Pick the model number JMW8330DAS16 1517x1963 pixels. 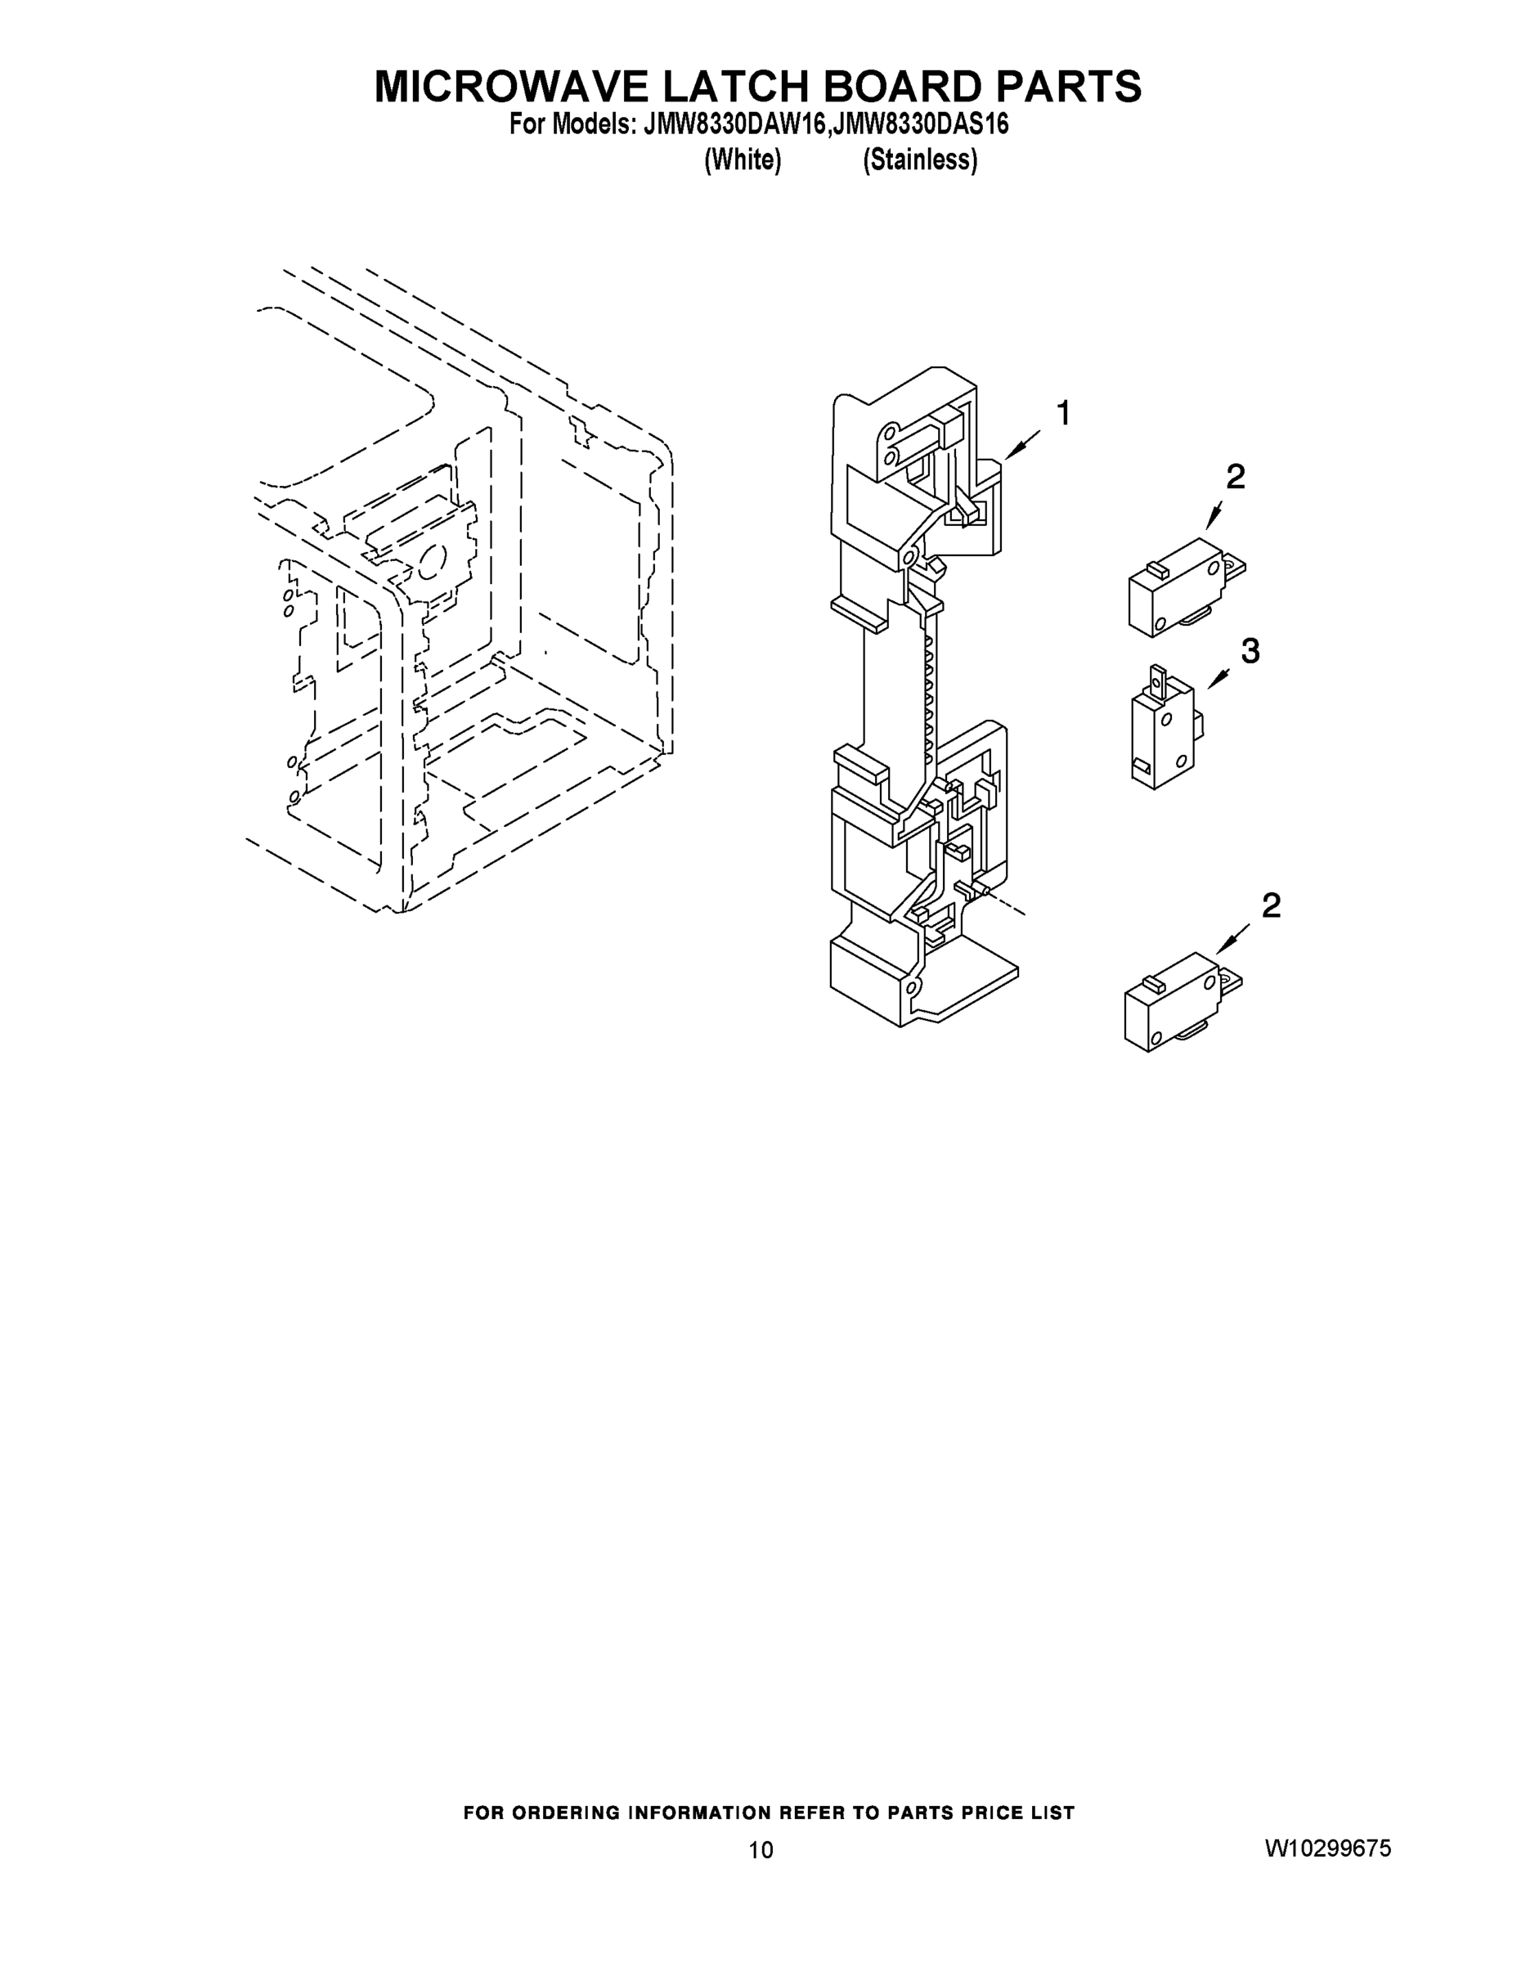coord(921,125)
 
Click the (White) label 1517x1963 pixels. coord(743,160)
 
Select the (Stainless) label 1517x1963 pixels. coord(920,160)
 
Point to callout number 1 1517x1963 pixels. coord(1063,415)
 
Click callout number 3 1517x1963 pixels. coord(1250,651)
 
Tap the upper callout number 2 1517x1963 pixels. coord(1236,478)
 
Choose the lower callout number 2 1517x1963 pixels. coord(1271,905)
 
